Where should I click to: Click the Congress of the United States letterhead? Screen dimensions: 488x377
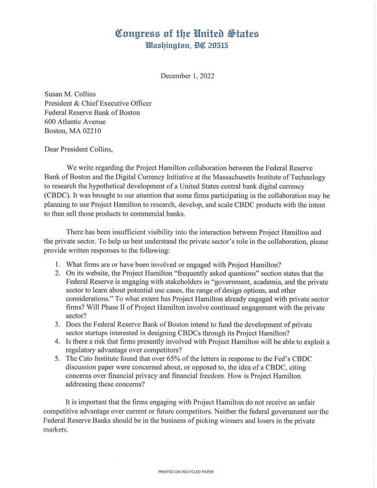187,33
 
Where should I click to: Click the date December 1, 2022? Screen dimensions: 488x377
187,76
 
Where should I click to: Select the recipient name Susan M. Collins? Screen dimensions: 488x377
70,94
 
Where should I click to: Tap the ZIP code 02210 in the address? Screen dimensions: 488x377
92,131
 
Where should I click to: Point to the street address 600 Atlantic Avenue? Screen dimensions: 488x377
75,122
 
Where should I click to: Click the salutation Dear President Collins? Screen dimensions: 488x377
78,149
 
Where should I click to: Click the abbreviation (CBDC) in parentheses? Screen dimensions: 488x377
57,195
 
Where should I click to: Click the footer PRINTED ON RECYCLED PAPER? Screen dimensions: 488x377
186,472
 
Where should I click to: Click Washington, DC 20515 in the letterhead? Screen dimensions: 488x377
187,46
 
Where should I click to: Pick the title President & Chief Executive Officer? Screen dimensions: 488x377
98,103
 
